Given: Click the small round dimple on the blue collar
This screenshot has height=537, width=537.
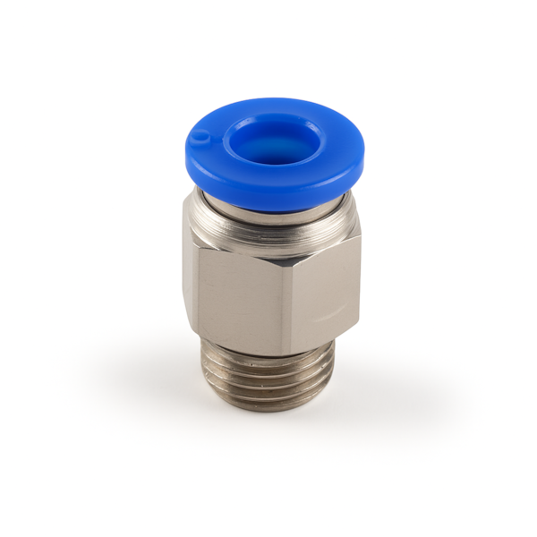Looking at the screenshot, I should click(x=203, y=137).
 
